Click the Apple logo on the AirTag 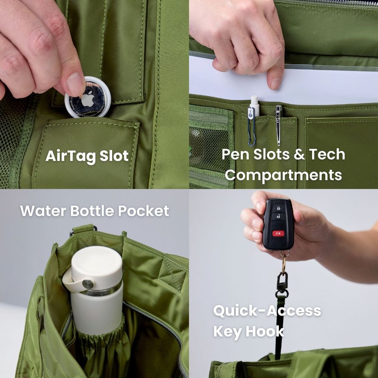click(88, 99)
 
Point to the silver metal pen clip click(278, 126)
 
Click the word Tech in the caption click(327, 154)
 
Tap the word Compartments click(283, 175)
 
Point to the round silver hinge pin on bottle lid click(88, 283)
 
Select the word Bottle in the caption click(92, 211)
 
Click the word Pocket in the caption click(144, 211)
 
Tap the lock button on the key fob click(278, 208)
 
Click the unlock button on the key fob click(278, 216)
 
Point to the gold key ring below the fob click(284, 263)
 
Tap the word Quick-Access click(267, 311)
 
